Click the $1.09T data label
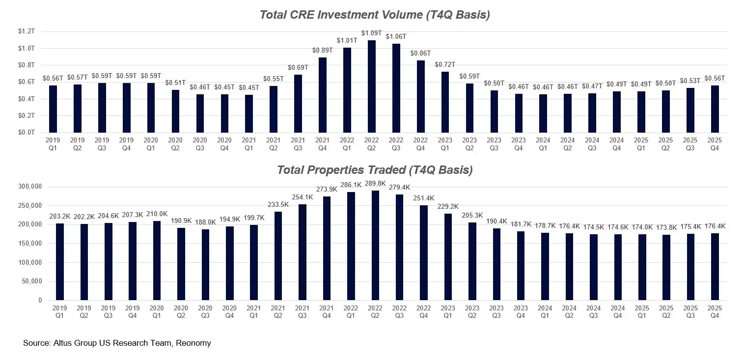(372, 33)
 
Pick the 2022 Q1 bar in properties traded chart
(351, 246)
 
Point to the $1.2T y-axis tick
(27, 31)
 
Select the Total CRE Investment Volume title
(374, 15)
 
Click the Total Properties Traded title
(374, 170)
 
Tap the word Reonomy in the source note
(194, 343)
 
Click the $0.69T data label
(298, 67)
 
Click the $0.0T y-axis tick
(27, 133)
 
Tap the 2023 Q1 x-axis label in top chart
(445, 143)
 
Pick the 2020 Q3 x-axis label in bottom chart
(205, 312)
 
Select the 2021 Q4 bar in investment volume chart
(323, 95)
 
